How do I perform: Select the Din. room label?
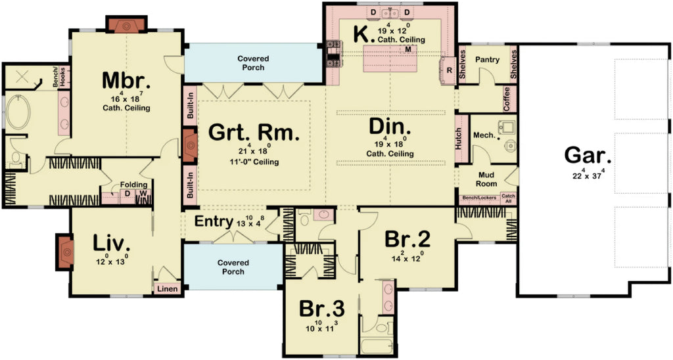[x=390, y=126]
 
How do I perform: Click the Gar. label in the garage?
[x=588, y=156]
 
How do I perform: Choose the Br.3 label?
[x=321, y=308]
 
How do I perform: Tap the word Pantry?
[x=487, y=60]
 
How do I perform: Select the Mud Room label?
[x=487, y=179]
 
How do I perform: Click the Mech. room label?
[x=483, y=135]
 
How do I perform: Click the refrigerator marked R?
[x=450, y=70]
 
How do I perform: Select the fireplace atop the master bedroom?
[x=127, y=24]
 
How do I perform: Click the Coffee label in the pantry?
[x=507, y=99]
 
